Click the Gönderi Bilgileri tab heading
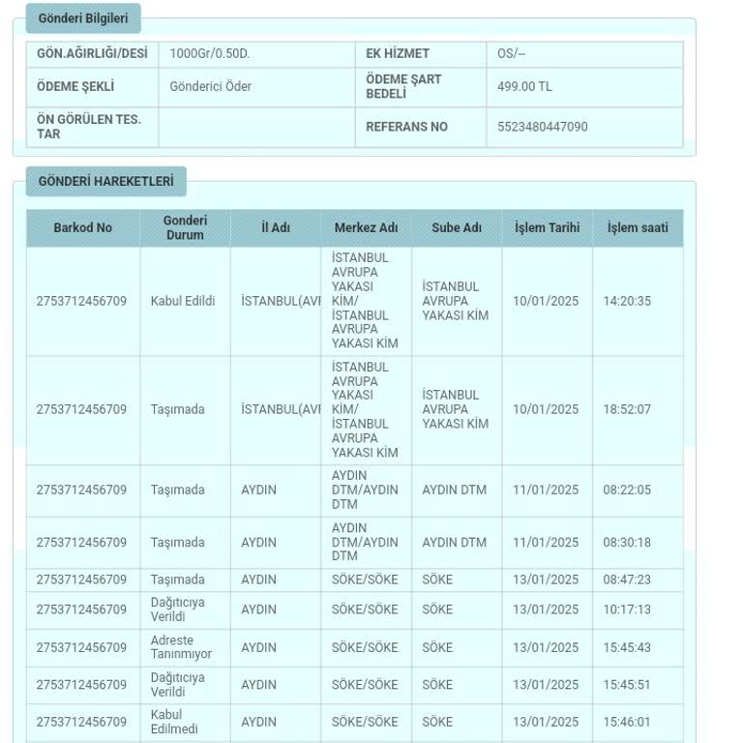(83, 18)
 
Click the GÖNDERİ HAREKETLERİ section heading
(105, 181)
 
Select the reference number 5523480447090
(542, 127)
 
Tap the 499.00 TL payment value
(524, 86)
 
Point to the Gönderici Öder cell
(210, 86)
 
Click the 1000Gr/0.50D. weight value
(209, 53)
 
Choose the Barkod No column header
(82, 228)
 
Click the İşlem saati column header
(637, 228)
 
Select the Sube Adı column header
(457, 228)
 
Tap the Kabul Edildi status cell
(183, 301)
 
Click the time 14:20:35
(627, 301)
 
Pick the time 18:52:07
(627, 409)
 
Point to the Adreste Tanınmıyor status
(181, 647)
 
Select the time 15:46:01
(627, 722)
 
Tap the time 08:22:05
(627, 490)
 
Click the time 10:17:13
(627, 609)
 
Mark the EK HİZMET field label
(397, 53)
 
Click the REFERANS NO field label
(406, 127)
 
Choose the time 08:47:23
(627, 580)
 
